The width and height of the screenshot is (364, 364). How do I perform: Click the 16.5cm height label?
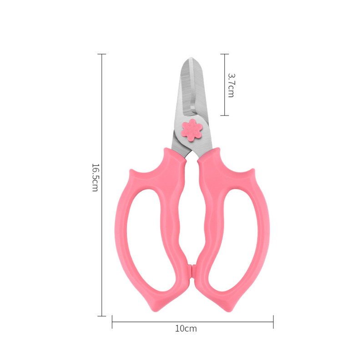(95, 177)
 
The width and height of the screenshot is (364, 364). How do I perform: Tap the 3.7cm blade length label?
(231, 85)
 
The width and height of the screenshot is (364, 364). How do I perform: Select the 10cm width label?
(186, 329)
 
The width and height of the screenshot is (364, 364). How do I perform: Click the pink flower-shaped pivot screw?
(192, 130)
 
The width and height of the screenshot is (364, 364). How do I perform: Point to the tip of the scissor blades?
(191, 58)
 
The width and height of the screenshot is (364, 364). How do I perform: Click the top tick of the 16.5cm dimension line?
(101, 54)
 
